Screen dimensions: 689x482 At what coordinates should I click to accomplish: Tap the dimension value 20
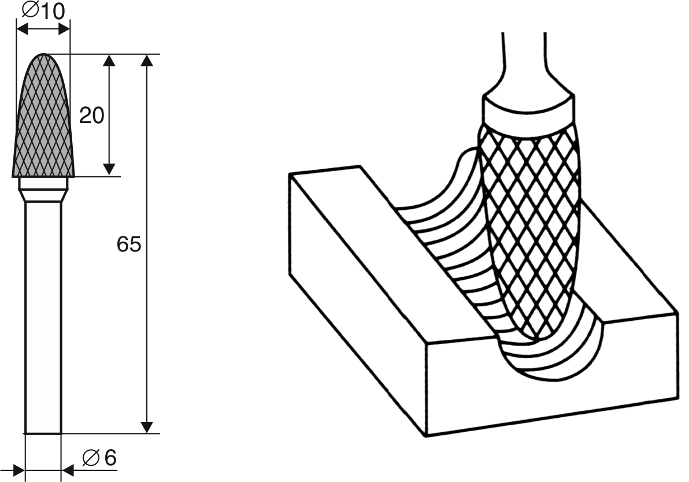point(91,116)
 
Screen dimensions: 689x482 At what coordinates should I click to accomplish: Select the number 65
point(129,244)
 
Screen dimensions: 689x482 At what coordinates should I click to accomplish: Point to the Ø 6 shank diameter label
point(99,458)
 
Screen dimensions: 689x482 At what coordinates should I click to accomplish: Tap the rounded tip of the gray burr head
point(43,55)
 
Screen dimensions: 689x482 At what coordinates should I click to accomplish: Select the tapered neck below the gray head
point(43,195)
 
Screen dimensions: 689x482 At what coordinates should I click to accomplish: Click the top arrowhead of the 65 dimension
point(147,60)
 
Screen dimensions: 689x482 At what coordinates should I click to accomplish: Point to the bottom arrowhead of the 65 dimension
point(147,428)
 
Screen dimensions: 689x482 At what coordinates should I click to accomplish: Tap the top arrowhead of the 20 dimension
point(109,60)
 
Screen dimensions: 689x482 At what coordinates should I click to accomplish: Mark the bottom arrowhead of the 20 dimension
point(109,170)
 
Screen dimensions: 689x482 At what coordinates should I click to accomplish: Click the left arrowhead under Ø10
point(22,29)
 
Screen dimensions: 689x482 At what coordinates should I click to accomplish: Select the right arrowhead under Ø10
point(64,29)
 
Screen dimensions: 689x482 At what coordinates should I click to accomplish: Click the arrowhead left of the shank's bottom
point(19,470)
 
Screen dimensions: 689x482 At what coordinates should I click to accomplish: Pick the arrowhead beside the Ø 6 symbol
point(68,470)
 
